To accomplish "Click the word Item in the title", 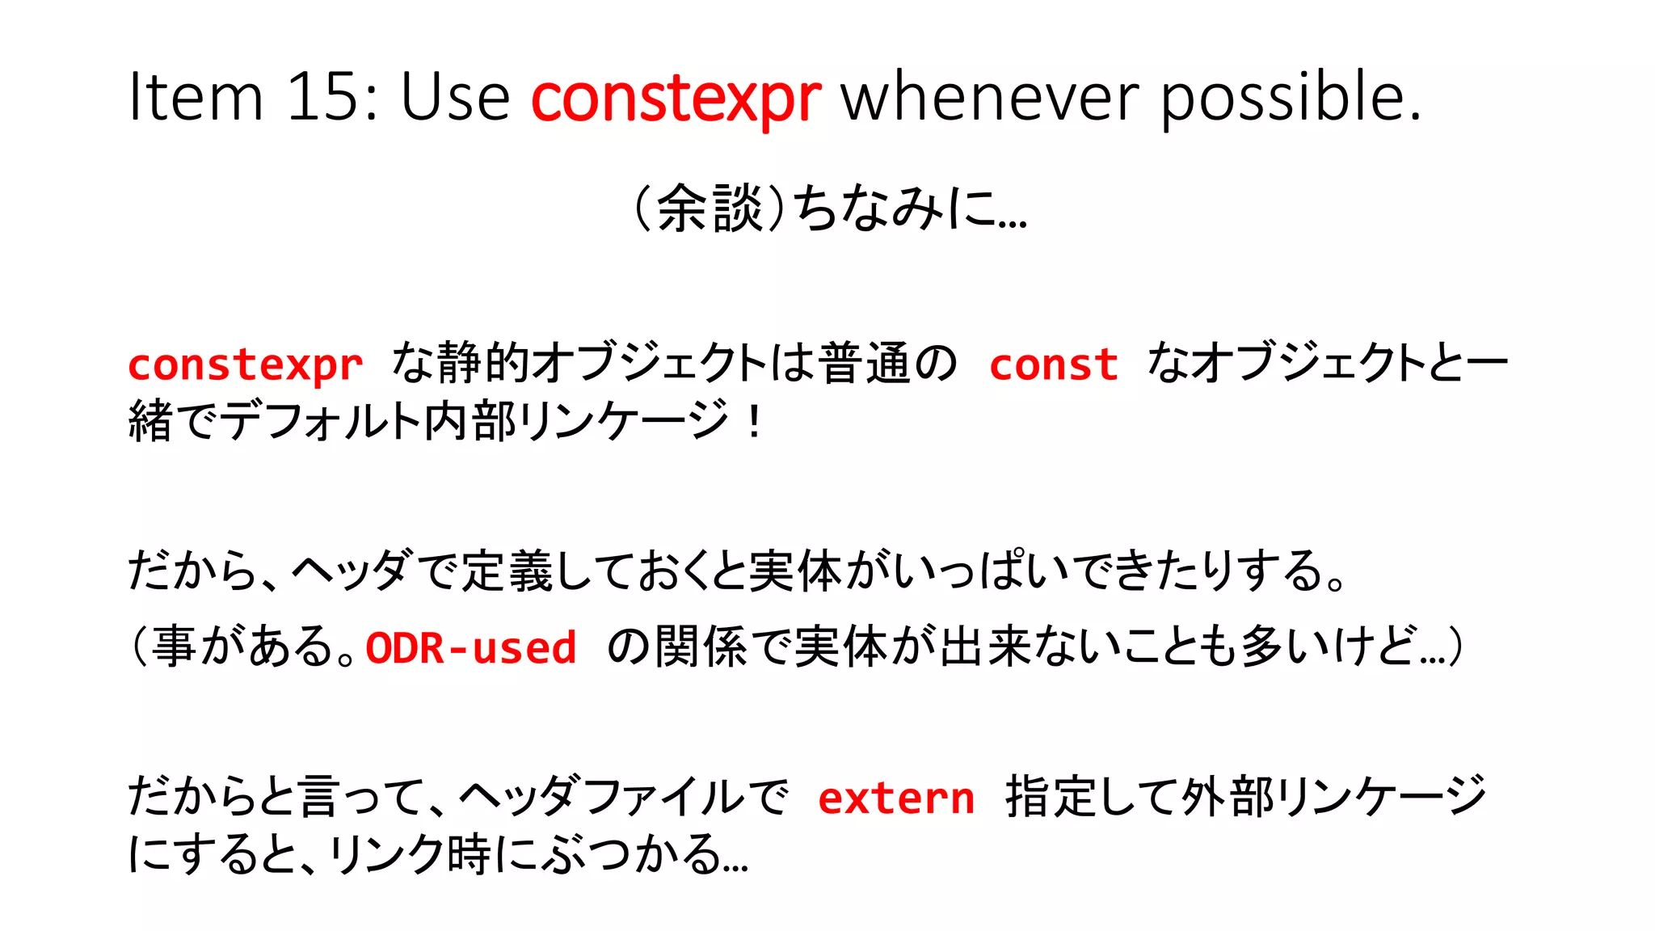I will click(x=196, y=97).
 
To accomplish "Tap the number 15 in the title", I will click(x=331, y=97).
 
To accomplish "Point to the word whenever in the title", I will click(x=991, y=97).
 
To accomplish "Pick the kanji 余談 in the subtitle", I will click(x=710, y=209).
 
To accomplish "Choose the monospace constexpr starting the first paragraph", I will click(x=246, y=365).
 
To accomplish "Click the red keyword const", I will click(x=1054, y=365).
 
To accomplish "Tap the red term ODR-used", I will click(x=471, y=648).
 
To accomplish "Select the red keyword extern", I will click(x=896, y=799).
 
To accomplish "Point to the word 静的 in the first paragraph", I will click(x=483, y=364).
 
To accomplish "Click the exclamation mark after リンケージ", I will click(x=754, y=421).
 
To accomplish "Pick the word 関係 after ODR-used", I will click(x=701, y=648).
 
